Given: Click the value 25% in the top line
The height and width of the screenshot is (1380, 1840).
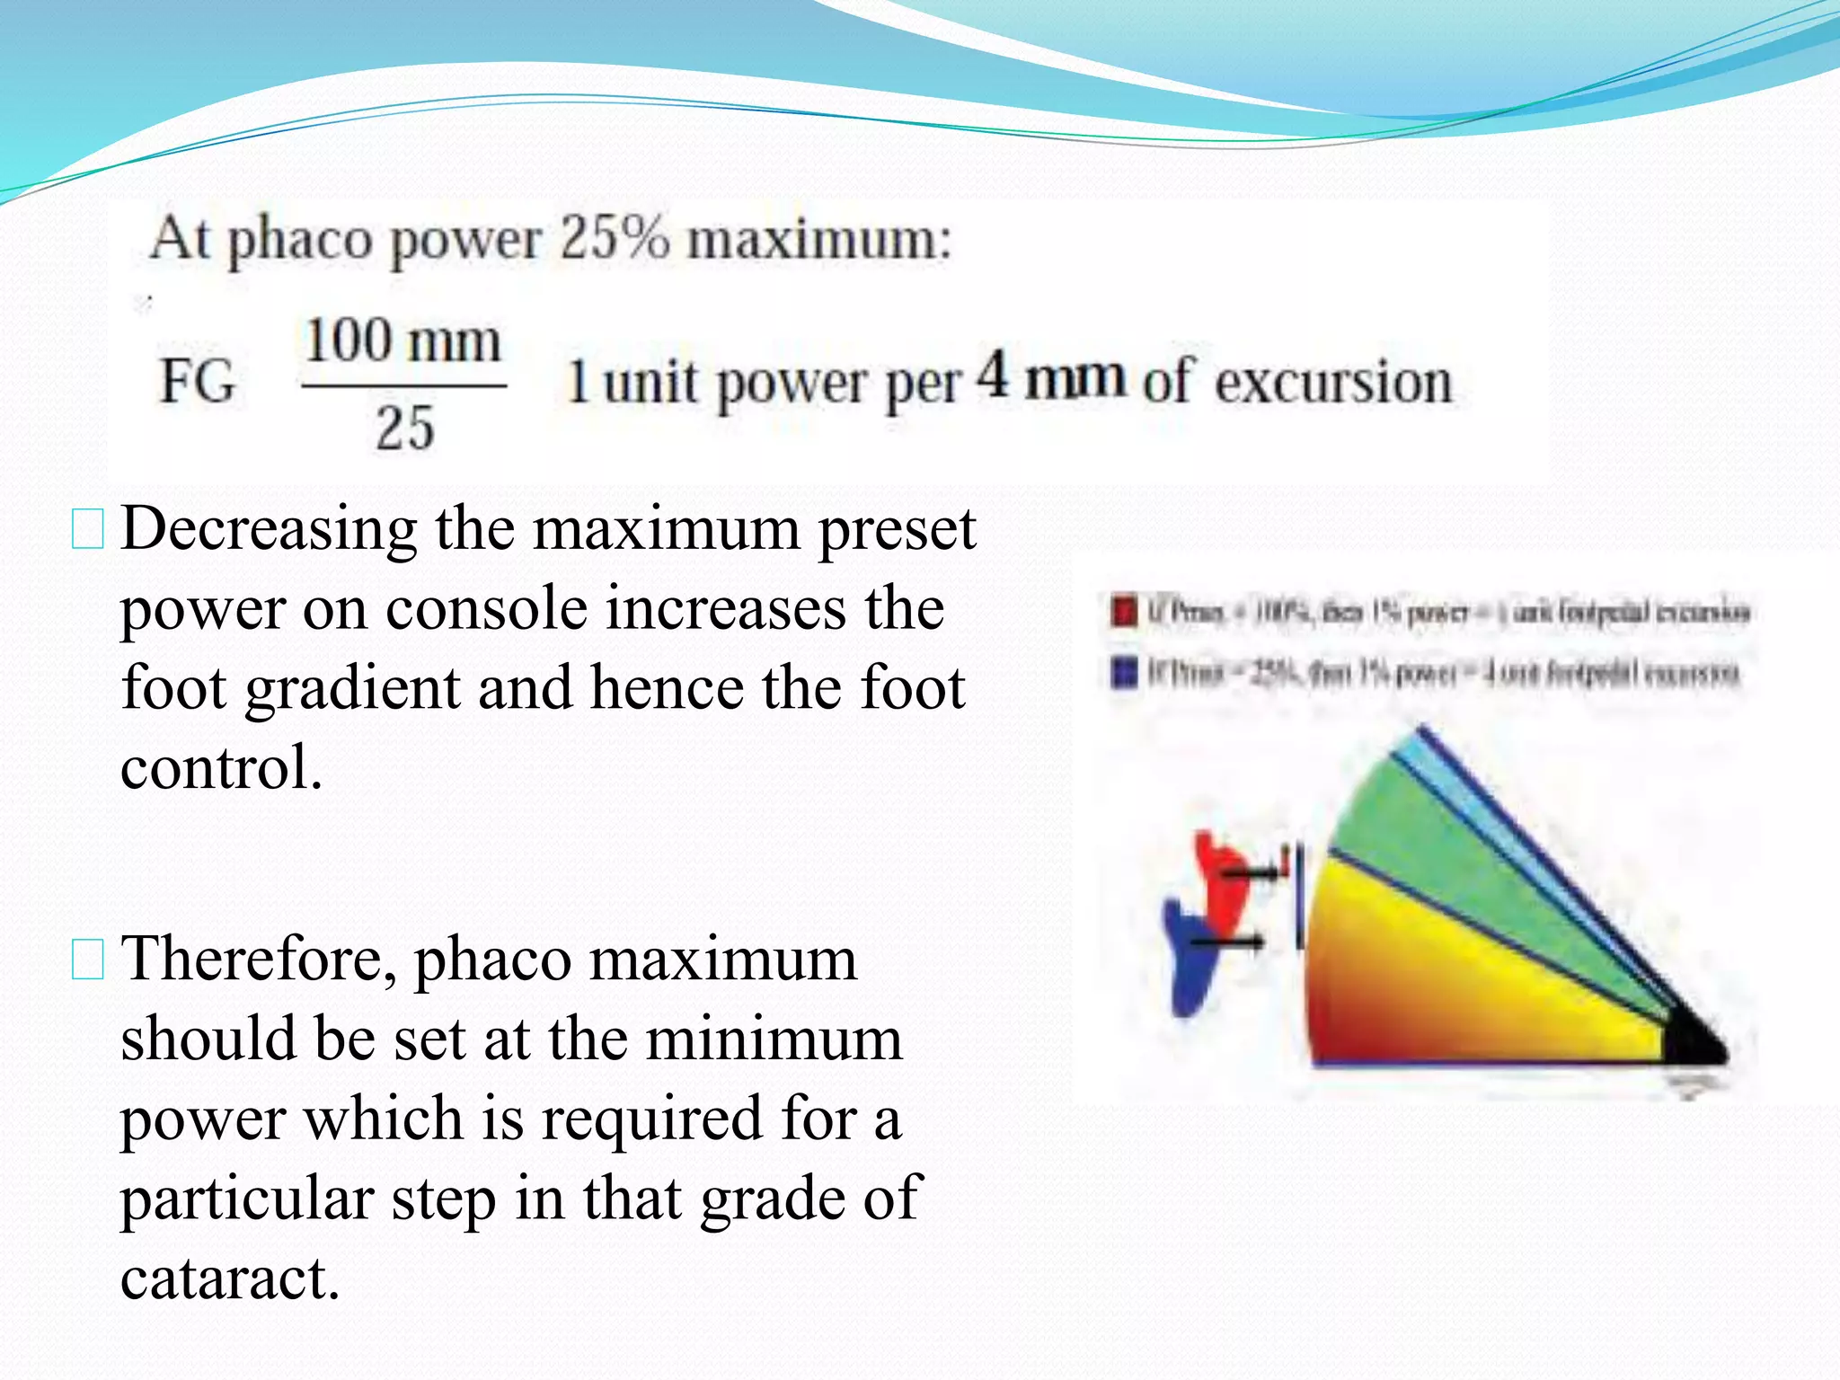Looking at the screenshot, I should [615, 239].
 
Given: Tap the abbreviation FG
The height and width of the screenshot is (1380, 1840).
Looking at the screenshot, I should [198, 381].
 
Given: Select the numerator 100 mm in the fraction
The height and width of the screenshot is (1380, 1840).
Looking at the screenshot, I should [403, 342].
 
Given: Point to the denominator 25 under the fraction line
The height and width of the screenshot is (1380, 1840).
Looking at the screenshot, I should [405, 428].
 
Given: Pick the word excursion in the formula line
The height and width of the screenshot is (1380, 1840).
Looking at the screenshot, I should [1333, 383].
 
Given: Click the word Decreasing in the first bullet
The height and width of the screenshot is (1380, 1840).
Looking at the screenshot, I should [269, 529].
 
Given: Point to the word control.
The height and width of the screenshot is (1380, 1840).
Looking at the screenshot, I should [221, 768].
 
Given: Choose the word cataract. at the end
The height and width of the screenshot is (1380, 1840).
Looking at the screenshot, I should [230, 1278].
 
